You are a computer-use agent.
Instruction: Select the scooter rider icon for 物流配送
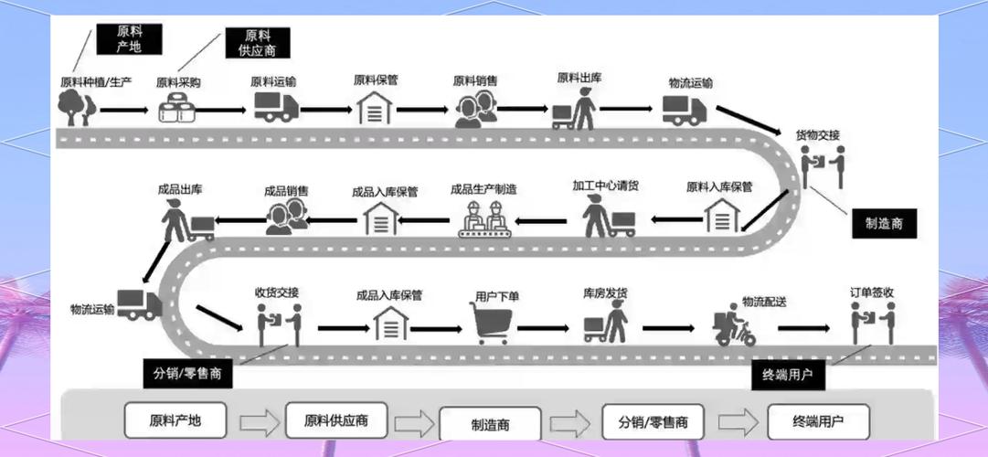[735, 326]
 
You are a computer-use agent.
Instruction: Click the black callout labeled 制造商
[883, 224]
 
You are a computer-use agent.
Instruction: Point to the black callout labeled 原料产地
[128, 38]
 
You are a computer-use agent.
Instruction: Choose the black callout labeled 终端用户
[788, 375]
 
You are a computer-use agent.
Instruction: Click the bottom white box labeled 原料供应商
[336, 420]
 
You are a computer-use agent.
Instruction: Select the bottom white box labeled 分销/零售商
[653, 422]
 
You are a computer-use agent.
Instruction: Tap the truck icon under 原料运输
[275, 106]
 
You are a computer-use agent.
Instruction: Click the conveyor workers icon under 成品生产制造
[483, 220]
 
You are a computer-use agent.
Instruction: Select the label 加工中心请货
[605, 186]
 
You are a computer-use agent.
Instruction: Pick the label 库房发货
[605, 293]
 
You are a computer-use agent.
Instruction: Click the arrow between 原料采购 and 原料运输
[220, 110]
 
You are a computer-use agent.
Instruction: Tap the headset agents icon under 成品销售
[286, 217]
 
